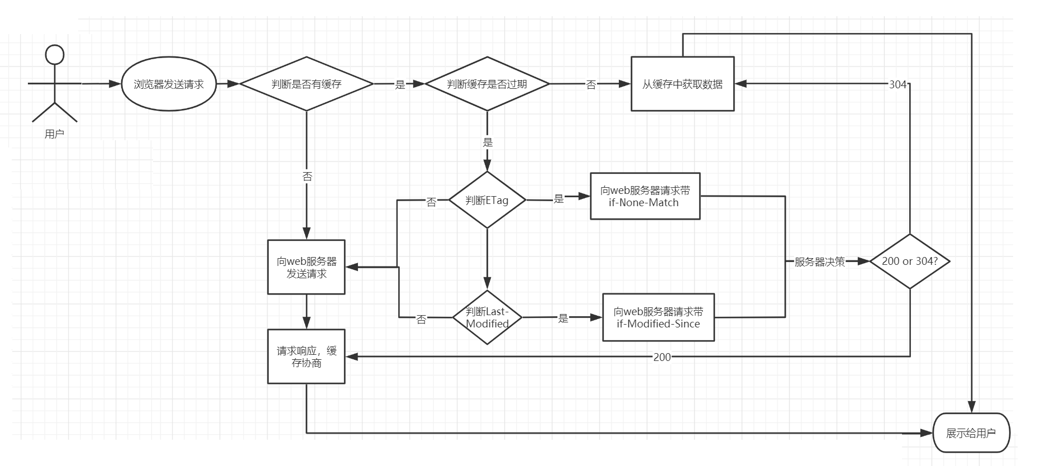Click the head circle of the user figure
pyautogui.click(x=55, y=55)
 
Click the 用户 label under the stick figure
pyautogui.click(x=54, y=134)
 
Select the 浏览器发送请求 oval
pyautogui.click(x=169, y=84)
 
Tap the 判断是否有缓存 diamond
pyautogui.click(x=306, y=84)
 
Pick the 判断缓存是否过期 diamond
pyautogui.click(x=487, y=84)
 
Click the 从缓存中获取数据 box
pyautogui.click(x=682, y=84)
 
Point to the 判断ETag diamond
pyautogui.click(x=487, y=200)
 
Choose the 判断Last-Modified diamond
pyautogui.click(x=487, y=317)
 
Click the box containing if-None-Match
pyautogui.click(x=645, y=196)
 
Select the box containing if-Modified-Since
pyautogui.click(x=658, y=317)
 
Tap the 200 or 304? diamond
pyautogui.click(x=909, y=261)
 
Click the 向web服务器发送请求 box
pyautogui.click(x=306, y=267)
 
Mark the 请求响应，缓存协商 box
pyautogui.click(x=306, y=356)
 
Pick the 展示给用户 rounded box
pyautogui.click(x=971, y=433)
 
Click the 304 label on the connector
pyautogui.click(x=898, y=84)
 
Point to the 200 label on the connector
pyautogui.click(x=662, y=357)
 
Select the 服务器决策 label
pyautogui.click(x=819, y=261)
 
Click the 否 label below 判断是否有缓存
pyautogui.click(x=307, y=177)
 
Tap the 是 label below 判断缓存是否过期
pyautogui.click(x=488, y=142)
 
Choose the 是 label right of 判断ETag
pyautogui.click(x=559, y=198)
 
